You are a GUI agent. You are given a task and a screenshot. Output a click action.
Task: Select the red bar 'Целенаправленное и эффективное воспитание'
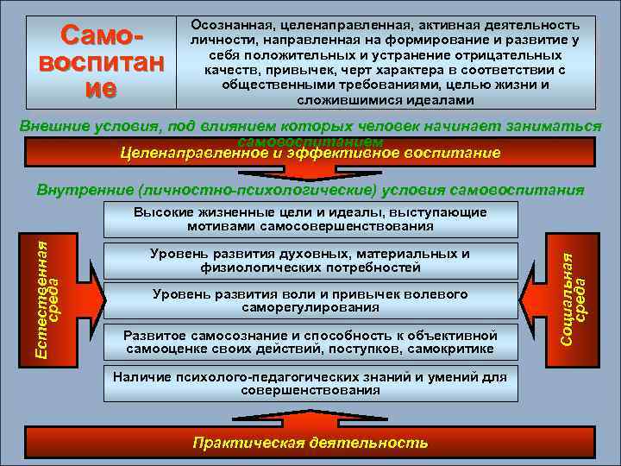310,154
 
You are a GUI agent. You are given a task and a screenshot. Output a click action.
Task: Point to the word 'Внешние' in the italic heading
52,126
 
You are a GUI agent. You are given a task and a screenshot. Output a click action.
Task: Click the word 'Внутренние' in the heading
82,190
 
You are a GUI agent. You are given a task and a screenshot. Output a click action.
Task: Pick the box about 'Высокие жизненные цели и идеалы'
310,219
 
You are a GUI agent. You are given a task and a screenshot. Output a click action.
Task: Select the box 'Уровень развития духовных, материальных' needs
310,260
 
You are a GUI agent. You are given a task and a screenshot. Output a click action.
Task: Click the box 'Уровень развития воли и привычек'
310,300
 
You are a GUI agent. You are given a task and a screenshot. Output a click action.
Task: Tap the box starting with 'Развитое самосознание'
310,342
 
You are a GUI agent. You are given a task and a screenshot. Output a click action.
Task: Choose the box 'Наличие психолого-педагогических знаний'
310,383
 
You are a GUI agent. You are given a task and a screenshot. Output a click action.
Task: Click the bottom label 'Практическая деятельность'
310,443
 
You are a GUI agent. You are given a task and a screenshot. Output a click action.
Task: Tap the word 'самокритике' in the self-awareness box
454,349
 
